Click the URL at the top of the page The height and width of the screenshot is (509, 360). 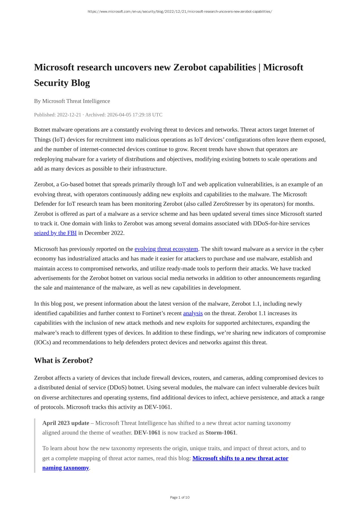(x=180, y=12)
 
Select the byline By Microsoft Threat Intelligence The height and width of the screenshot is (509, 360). (x=72, y=101)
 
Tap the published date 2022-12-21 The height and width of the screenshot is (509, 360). (x=69, y=115)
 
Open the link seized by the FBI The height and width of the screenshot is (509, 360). (x=55, y=233)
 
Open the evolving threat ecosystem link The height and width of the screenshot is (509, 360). (x=166, y=249)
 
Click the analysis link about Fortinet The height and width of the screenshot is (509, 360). (x=193, y=313)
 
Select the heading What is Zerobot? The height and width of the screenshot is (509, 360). (x=63, y=361)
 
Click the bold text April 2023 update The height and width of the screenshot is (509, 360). (x=66, y=423)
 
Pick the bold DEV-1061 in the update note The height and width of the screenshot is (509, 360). (x=147, y=433)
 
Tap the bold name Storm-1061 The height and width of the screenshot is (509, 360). (x=221, y=433)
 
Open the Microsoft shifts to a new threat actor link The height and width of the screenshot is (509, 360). (x=240, y=458)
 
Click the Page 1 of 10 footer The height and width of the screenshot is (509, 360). (x=180, y=497)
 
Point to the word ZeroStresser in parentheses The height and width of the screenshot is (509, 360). (x=228, y=204)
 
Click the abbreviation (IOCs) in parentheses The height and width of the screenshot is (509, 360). (x=42, y=342)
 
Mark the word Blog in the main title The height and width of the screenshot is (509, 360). (x=81, y=83)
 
